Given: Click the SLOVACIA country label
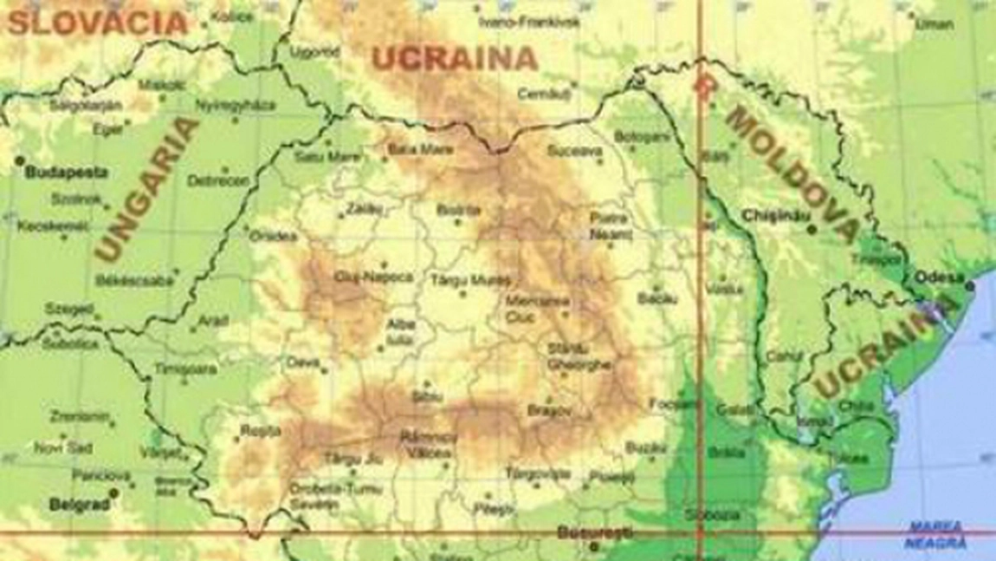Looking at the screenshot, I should pyautogui.click(x=96, y=21).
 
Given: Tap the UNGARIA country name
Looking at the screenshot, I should pyautogui.click(x=146, y=189).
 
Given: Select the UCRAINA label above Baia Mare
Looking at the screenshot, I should pyautogui.click(x=455, y=59).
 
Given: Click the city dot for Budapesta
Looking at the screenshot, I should pyautogui.click(x=19, y=161).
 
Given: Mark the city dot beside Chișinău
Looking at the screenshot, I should pyautogui.click(x=812, y=230).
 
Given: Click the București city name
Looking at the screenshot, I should pyautogui.click(x=595, y=532).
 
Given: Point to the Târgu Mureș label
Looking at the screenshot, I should pyautogui.click(x=471, y=279).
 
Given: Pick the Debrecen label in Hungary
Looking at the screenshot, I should pyautogui.click(x=206, y=181).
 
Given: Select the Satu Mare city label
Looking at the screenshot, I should pyautogui.click(x=327, y=157).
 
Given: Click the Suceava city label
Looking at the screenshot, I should pyautogui.click(x=574, y=151).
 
